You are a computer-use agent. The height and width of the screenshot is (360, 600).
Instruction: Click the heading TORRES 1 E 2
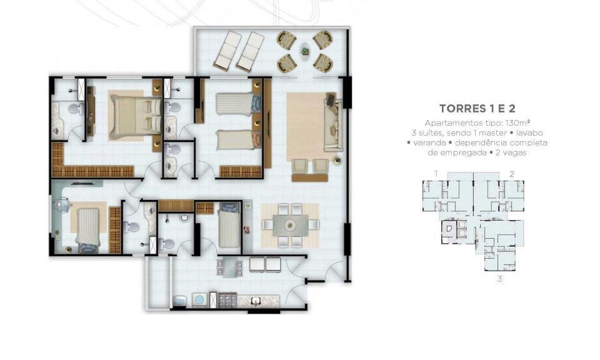click(477, 109)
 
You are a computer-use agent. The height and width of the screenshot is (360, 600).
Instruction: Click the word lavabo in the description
click(529, 133)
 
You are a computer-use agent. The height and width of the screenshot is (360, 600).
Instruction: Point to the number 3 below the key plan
click(499, 279)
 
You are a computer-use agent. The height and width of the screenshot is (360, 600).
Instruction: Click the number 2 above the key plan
click(512, 174)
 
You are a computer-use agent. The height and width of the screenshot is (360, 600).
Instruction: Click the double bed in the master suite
click(135, 116)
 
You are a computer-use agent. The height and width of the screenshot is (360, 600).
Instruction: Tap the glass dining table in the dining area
click(290, 226)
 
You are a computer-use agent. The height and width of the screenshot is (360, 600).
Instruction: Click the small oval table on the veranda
click(305, 50)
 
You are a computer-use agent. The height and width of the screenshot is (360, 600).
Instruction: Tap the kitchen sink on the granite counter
click(255, 301)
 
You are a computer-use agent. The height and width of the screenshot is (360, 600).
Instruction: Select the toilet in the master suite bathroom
click(76, 109)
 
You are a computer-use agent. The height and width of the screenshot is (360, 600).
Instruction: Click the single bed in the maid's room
click(229, 226)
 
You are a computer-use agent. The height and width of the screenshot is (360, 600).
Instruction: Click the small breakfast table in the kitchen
click(229, 267)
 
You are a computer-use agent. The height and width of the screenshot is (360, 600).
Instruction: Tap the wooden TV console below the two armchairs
click(309, 177)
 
